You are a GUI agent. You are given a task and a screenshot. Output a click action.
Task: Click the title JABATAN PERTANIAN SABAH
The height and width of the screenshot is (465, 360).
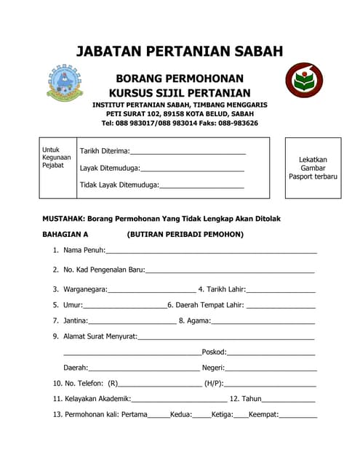click(180, 52)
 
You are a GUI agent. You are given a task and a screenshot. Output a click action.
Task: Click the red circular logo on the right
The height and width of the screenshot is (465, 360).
click(303, 81)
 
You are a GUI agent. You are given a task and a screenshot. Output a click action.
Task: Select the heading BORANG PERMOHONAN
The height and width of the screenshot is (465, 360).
click(180, 78)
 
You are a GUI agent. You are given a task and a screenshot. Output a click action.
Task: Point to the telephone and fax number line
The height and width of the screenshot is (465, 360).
click(180, 124)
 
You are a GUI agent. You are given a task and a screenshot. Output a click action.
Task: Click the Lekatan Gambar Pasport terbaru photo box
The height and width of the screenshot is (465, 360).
click(313, 168)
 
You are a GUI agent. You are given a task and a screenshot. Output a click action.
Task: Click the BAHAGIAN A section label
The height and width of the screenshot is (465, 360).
click(65, 235)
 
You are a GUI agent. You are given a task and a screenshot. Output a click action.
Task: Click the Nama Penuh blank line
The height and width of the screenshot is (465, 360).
click(211, 251)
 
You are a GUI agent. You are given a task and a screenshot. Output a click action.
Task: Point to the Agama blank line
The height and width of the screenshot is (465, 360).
click(263, 321)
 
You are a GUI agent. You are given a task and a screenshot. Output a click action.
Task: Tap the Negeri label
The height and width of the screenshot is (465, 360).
click(213, 368)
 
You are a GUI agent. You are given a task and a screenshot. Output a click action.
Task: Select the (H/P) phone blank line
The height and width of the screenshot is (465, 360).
click(270, 384)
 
